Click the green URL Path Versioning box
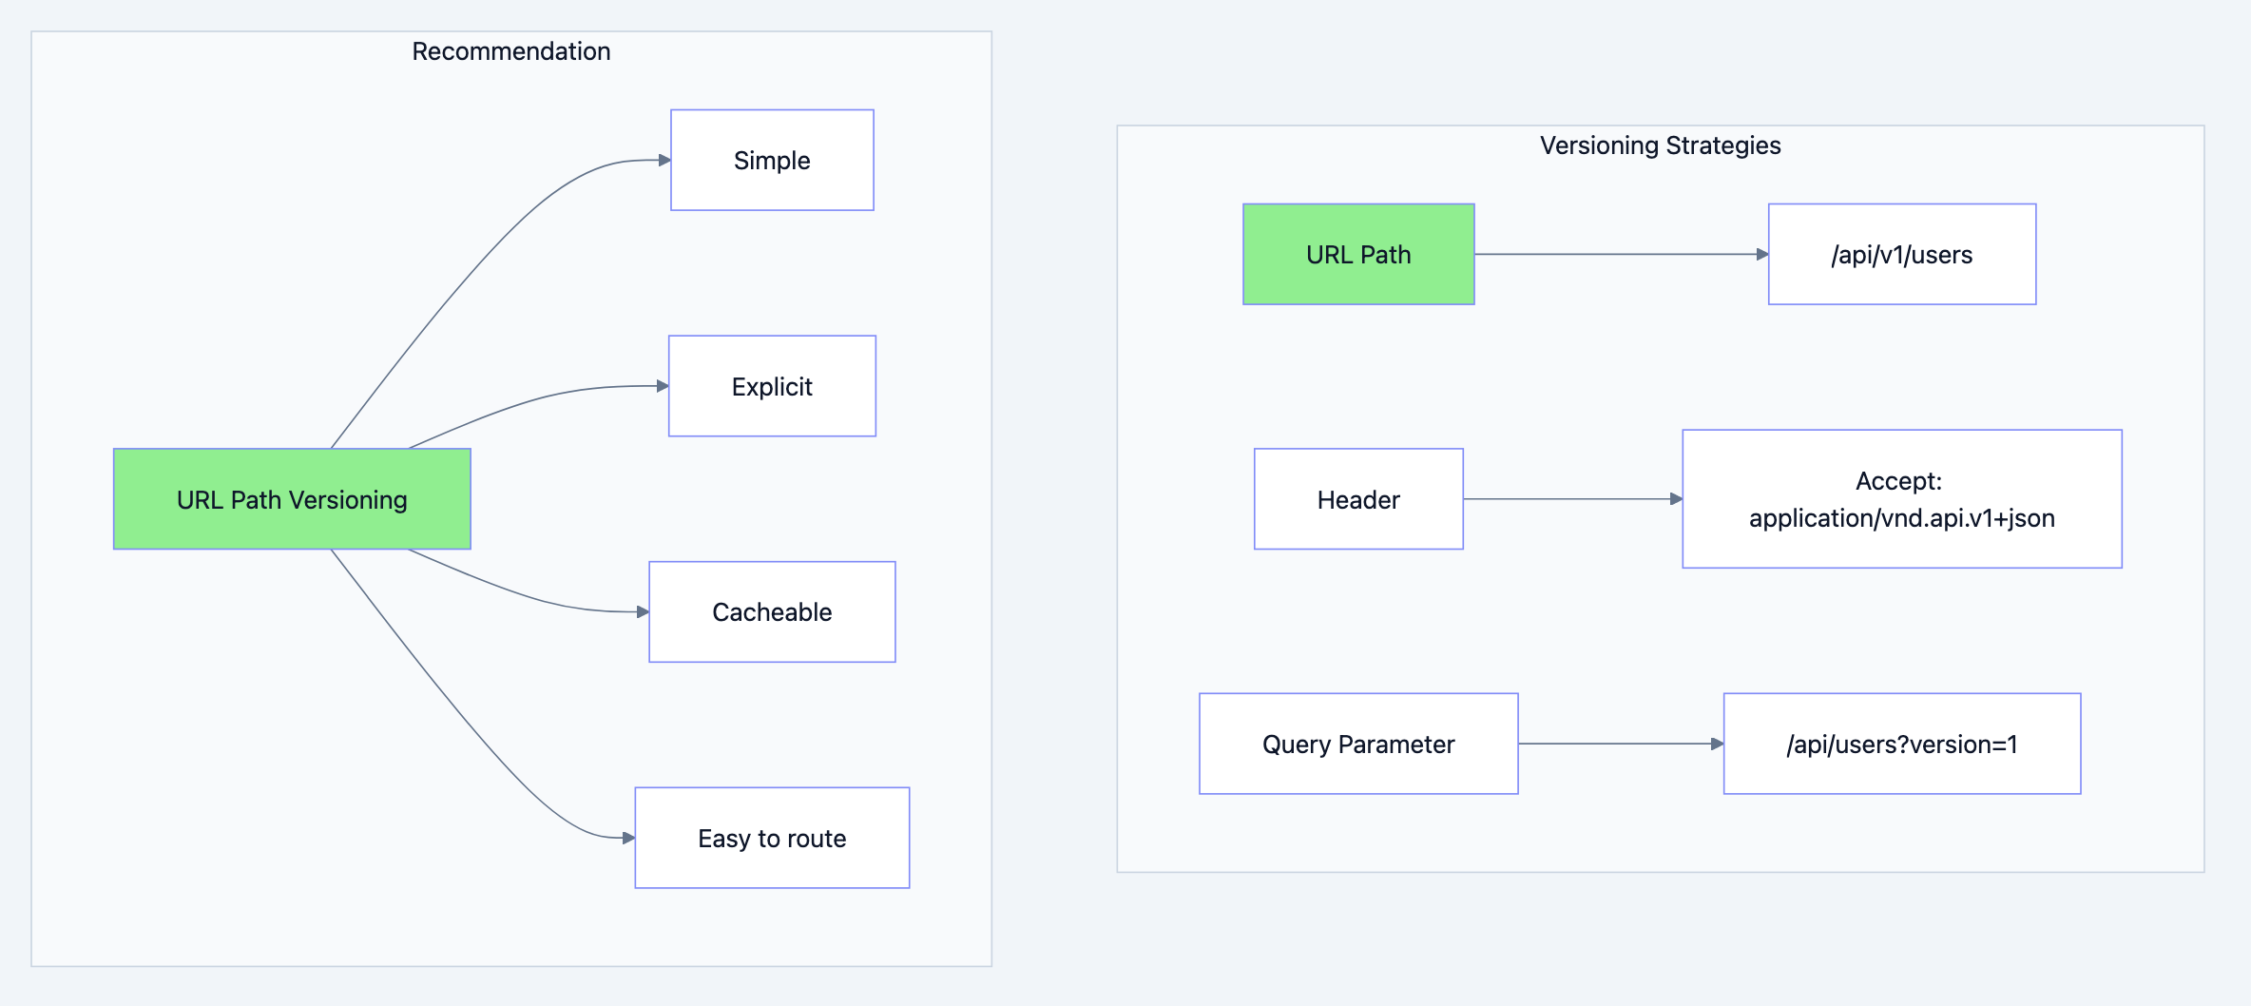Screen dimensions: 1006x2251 [x=292, y=499]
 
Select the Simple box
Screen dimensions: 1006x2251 [x=772, y=160]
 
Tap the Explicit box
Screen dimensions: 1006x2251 [x=772, y=386]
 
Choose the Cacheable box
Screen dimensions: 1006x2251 [x=772, y=611]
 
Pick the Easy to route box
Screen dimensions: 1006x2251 [x=772, y=838]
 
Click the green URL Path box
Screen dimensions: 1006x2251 [x=1358, y=254]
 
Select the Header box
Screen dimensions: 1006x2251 [x=1358, y=499]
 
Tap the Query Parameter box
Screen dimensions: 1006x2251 [x=1358, y=744]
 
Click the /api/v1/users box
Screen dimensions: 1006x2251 [x=1901, y=254]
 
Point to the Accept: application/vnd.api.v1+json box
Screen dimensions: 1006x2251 [x=1901, y=499]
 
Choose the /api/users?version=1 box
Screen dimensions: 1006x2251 [x=1901, y=744]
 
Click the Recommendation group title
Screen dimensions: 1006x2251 [x=510, y=51]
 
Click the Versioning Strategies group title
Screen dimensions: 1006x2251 [x=1660, y=145]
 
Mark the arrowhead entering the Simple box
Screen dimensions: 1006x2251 [x=664, y=160]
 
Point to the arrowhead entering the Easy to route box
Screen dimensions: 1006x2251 [x=628, y=838]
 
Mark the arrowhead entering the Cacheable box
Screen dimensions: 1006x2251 [x=643, y=611]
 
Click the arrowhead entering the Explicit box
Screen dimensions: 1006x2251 [x=663, y=386]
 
